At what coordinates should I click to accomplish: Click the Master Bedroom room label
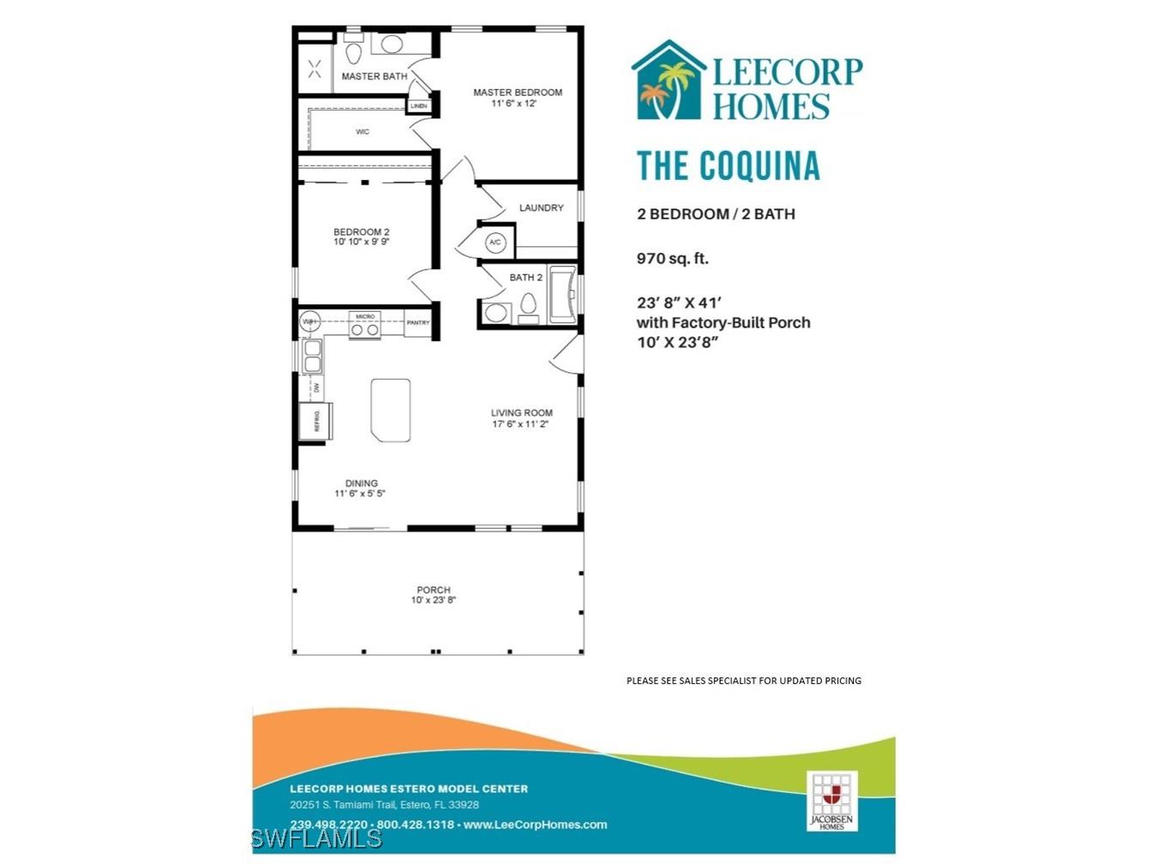tap(518, 93)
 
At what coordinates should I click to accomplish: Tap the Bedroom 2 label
tap(361, 232)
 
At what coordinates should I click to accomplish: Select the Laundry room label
tap(541, 207)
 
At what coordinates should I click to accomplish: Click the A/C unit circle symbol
tap(495, 243)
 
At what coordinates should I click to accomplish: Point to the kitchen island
tap(390, 411)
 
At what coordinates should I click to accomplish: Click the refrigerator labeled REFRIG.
tap(315, 421)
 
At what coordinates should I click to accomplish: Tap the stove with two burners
tap(365, 328)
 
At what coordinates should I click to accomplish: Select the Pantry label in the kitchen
tap(417, 323)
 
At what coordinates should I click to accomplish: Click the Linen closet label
tap(418, 106)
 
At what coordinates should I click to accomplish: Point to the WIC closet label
tap(363, 132)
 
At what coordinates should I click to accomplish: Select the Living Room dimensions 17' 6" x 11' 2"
tap(520, 424)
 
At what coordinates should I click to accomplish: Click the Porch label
tap(434, 590)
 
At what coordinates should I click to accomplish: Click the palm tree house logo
tap(668, 81)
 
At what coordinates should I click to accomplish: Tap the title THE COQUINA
tap(728, 165)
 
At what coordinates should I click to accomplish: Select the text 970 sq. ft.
tap(672, 258)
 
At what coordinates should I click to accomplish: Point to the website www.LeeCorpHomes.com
tap(535, 825)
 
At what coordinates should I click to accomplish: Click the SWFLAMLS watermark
tap(317, 837)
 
